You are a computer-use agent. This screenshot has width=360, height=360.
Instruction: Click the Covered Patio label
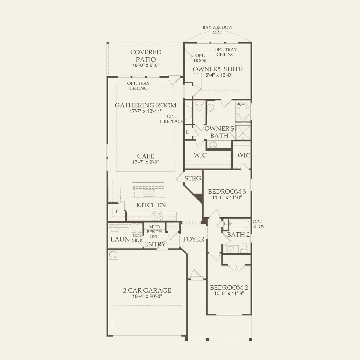[x=146, y=56]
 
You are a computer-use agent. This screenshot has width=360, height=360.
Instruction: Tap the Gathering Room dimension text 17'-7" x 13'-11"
[x=145, y=111]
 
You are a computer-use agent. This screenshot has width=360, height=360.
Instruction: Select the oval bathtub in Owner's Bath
[x=243, y=111]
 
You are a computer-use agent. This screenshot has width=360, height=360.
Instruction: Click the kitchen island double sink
[x=149, y=194]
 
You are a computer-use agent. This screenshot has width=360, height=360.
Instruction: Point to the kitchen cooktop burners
[x=157, y=216]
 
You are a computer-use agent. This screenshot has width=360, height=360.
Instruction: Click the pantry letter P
[x=117, y=211]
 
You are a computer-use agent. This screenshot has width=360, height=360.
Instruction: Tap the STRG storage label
[x=192, y=178]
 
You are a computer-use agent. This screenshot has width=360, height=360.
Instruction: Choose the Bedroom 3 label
[x=227, y=192]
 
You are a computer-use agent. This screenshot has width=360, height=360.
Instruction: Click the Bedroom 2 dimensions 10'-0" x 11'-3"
[x=229, y=294]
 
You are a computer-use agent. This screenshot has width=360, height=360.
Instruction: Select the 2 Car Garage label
[x=147, y=290]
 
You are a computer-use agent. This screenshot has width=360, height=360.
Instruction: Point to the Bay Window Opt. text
[x=217, y=30]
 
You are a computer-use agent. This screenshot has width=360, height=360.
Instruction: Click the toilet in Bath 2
[x=244, y=248]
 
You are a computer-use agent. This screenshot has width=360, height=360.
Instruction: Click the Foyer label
[x=194, y=239]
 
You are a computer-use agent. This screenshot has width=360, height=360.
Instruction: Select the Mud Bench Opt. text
[x=154, y=232]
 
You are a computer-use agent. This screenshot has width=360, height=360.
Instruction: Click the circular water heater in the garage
[x=113, y=254]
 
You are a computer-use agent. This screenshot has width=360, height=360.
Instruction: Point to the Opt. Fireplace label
[x=172, y=119]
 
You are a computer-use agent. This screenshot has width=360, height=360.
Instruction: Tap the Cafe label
[x=145, y=156]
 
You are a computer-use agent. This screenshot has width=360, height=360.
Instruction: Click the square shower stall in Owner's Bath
[x=243, y=132]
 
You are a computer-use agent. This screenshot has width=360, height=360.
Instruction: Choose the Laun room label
[x=120, y=239]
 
